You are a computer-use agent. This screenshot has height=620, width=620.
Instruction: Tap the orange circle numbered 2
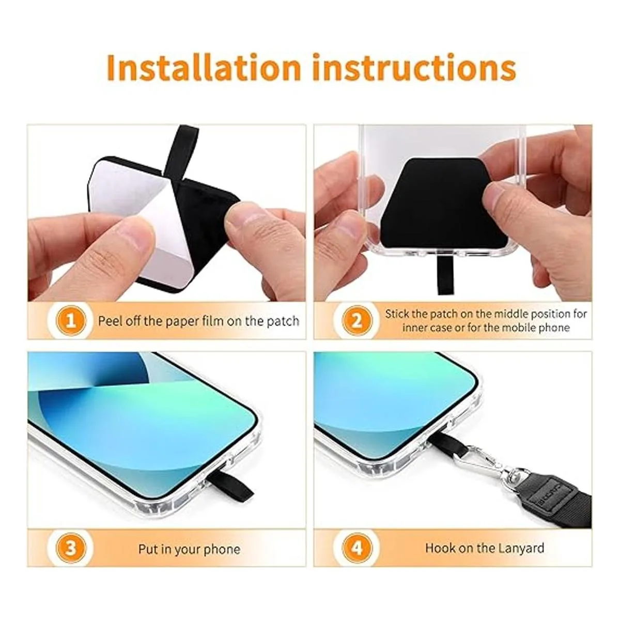(x=357, y=321)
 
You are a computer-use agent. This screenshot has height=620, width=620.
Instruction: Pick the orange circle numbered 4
(x=357, y=548)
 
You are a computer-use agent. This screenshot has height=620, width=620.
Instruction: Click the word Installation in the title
(x=204, y=69)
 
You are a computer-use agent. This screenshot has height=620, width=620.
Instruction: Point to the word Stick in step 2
(x=397, y=314)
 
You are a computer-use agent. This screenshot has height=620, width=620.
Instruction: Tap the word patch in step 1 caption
(x=283, y=321)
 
